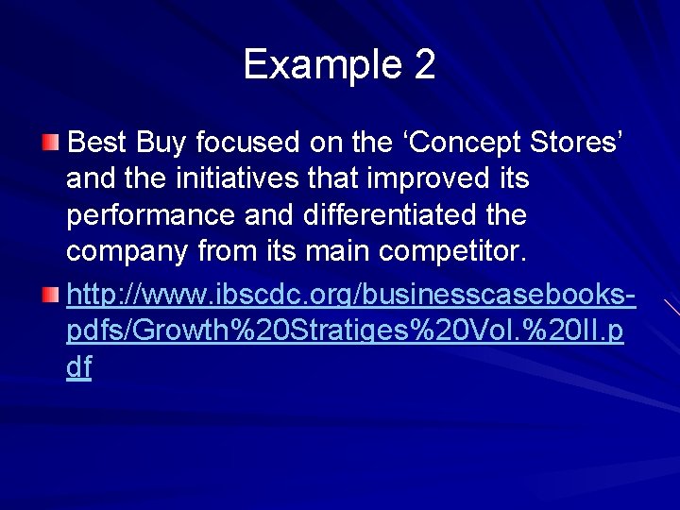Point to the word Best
[x=98, y=144]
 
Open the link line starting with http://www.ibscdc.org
[x=349, y=297]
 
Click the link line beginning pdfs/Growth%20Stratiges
[x=345, y=332]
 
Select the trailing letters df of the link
[x=79, y=367]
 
